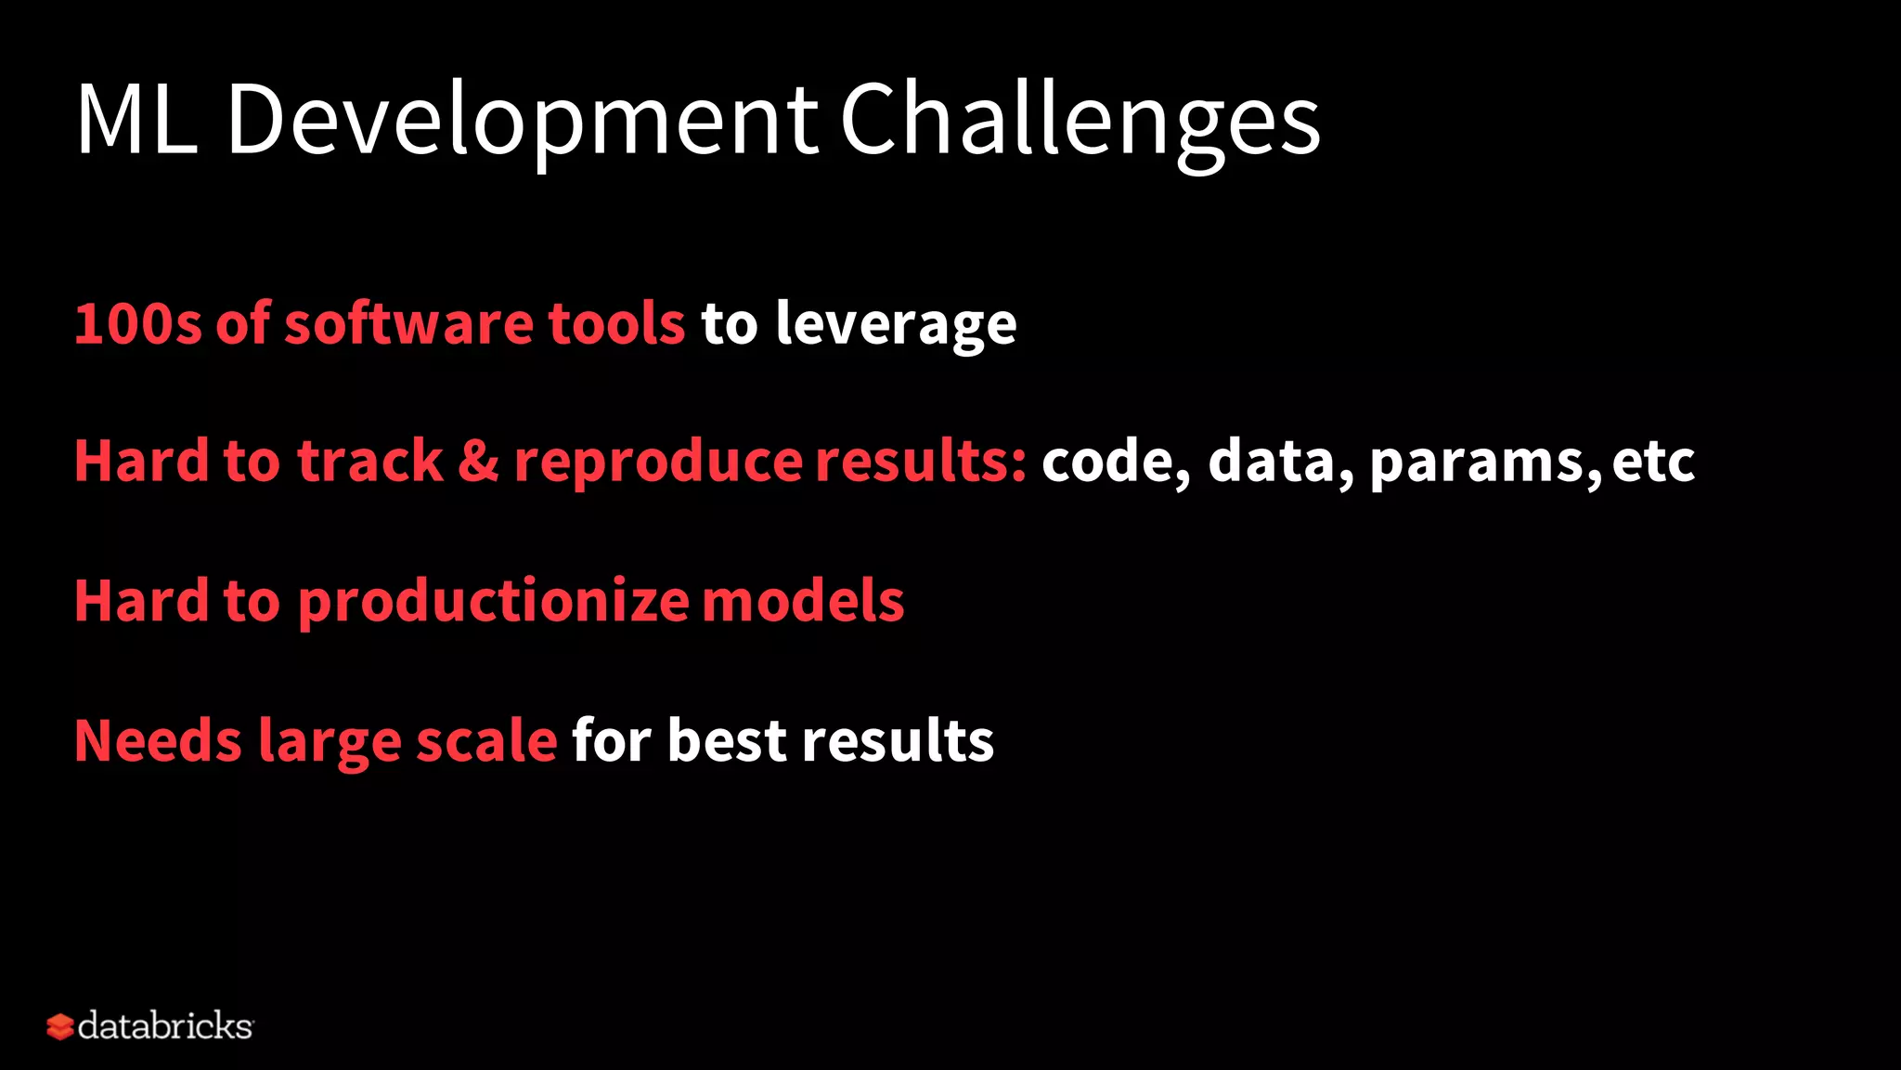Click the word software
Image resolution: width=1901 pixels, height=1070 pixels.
(408, 324)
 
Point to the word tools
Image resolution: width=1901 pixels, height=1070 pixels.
(616, 324)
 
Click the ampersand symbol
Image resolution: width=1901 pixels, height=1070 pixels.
(478, 462)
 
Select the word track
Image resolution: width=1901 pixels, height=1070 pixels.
(369, 462)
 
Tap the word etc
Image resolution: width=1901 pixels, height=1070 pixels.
(1653, 463)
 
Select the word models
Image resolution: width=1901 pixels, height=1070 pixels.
(803, 601)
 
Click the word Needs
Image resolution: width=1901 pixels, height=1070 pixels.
(158, 741)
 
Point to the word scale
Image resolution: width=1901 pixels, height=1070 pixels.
(486, 741)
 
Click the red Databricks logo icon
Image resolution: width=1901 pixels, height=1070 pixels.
(59, 1026)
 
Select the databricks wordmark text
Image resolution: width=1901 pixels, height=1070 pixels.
(165, 1026)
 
